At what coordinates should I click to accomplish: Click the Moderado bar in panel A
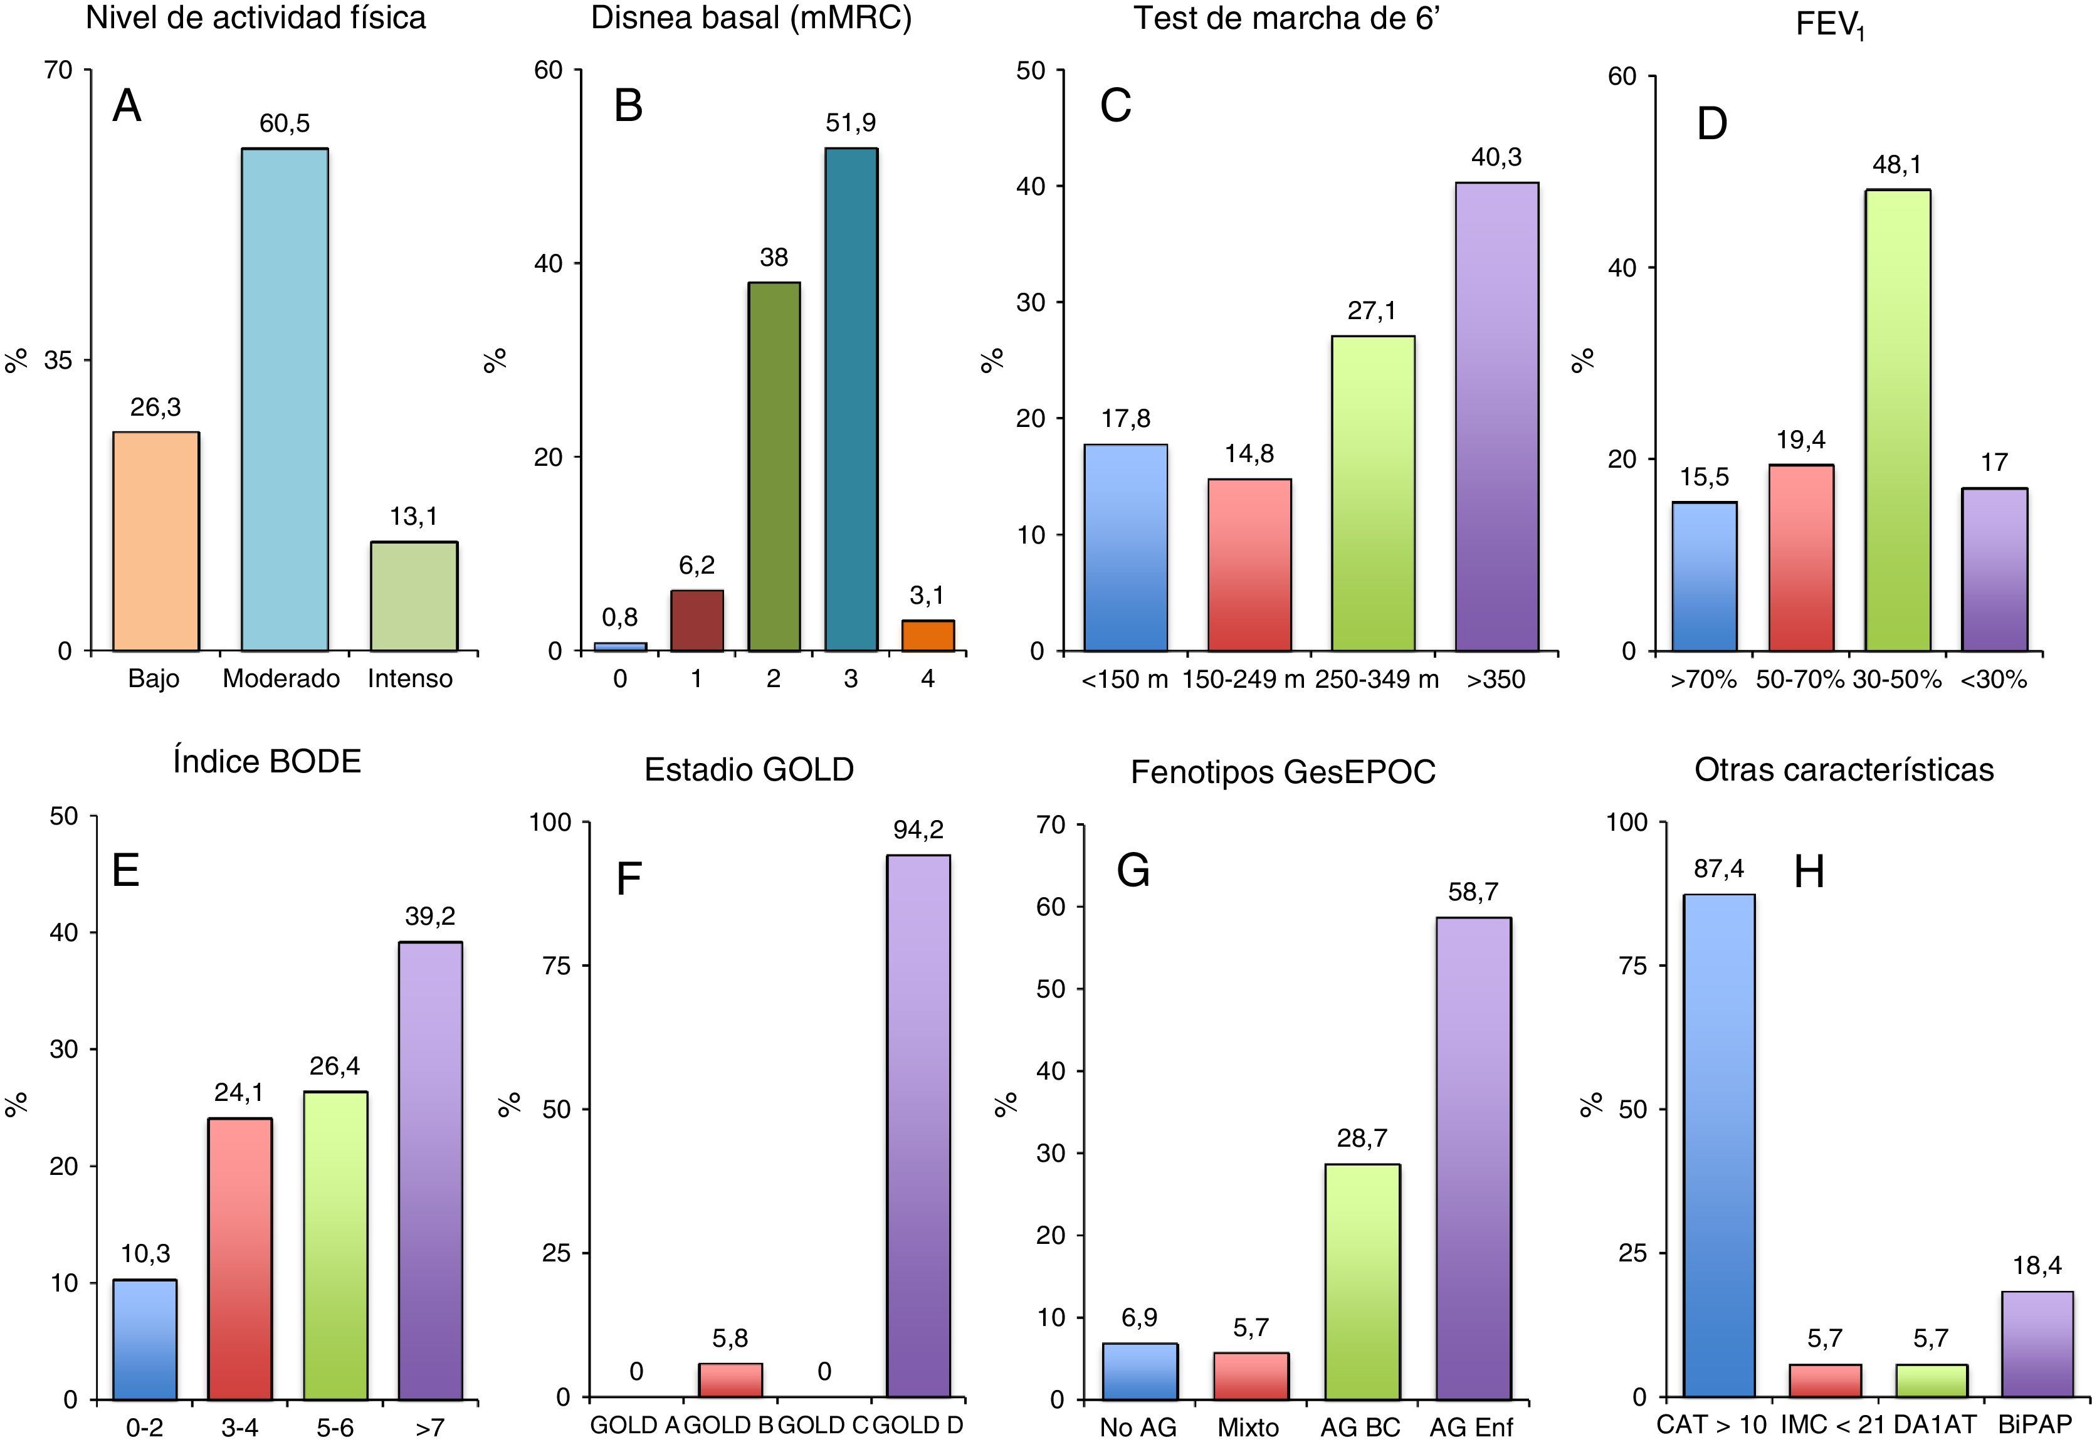pos(285,399)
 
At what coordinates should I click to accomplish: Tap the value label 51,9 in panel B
pos(850,123)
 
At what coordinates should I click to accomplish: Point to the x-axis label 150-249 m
pos(1244,680)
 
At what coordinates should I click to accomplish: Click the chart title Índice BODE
pos(266,762)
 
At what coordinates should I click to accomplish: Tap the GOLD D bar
pos(918,1126)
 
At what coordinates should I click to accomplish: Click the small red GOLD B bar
pos(730,1380)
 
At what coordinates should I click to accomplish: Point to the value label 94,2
pos(918,829)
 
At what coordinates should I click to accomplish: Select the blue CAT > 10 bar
pos(1718,1145)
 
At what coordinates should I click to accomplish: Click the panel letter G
pos(1133,871)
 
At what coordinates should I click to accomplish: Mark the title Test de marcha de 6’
pos(1285,18)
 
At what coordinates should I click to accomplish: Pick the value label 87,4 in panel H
pos(1718,869)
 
